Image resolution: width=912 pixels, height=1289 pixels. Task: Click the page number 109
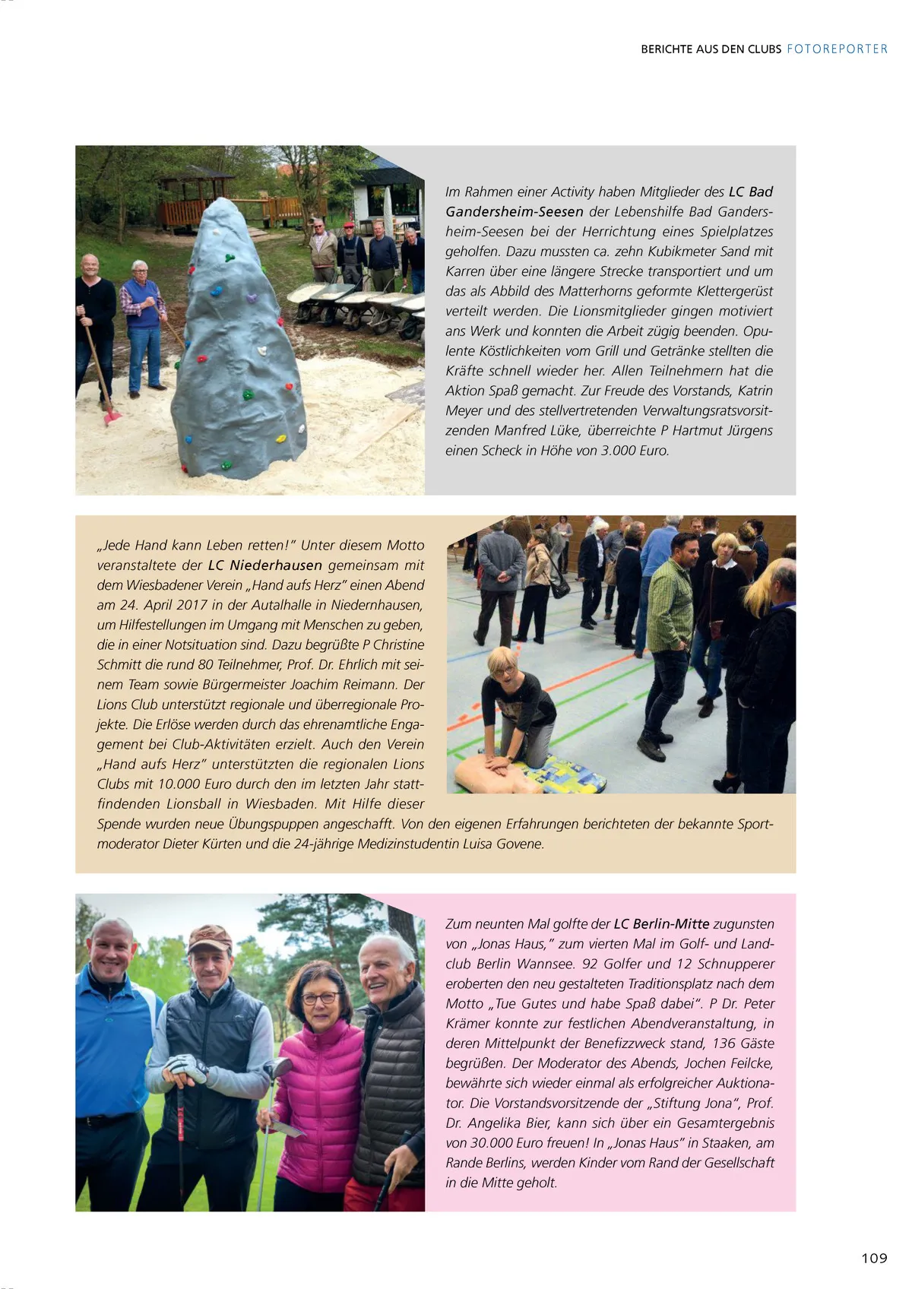click(x=874, y=1258)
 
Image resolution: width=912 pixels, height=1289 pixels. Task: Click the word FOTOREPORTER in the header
click(x=837, y=49)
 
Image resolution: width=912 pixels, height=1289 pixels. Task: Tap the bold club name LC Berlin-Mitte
click(x=661, y=924)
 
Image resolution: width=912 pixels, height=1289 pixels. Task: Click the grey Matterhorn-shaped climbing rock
click(x=238, y=350)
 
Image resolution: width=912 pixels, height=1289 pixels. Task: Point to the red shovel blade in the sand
click(x=112, y=416)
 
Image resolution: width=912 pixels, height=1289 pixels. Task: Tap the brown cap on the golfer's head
click(x=209, y=938)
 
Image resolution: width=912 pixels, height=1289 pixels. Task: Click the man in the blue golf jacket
click(x=110, y=1049)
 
